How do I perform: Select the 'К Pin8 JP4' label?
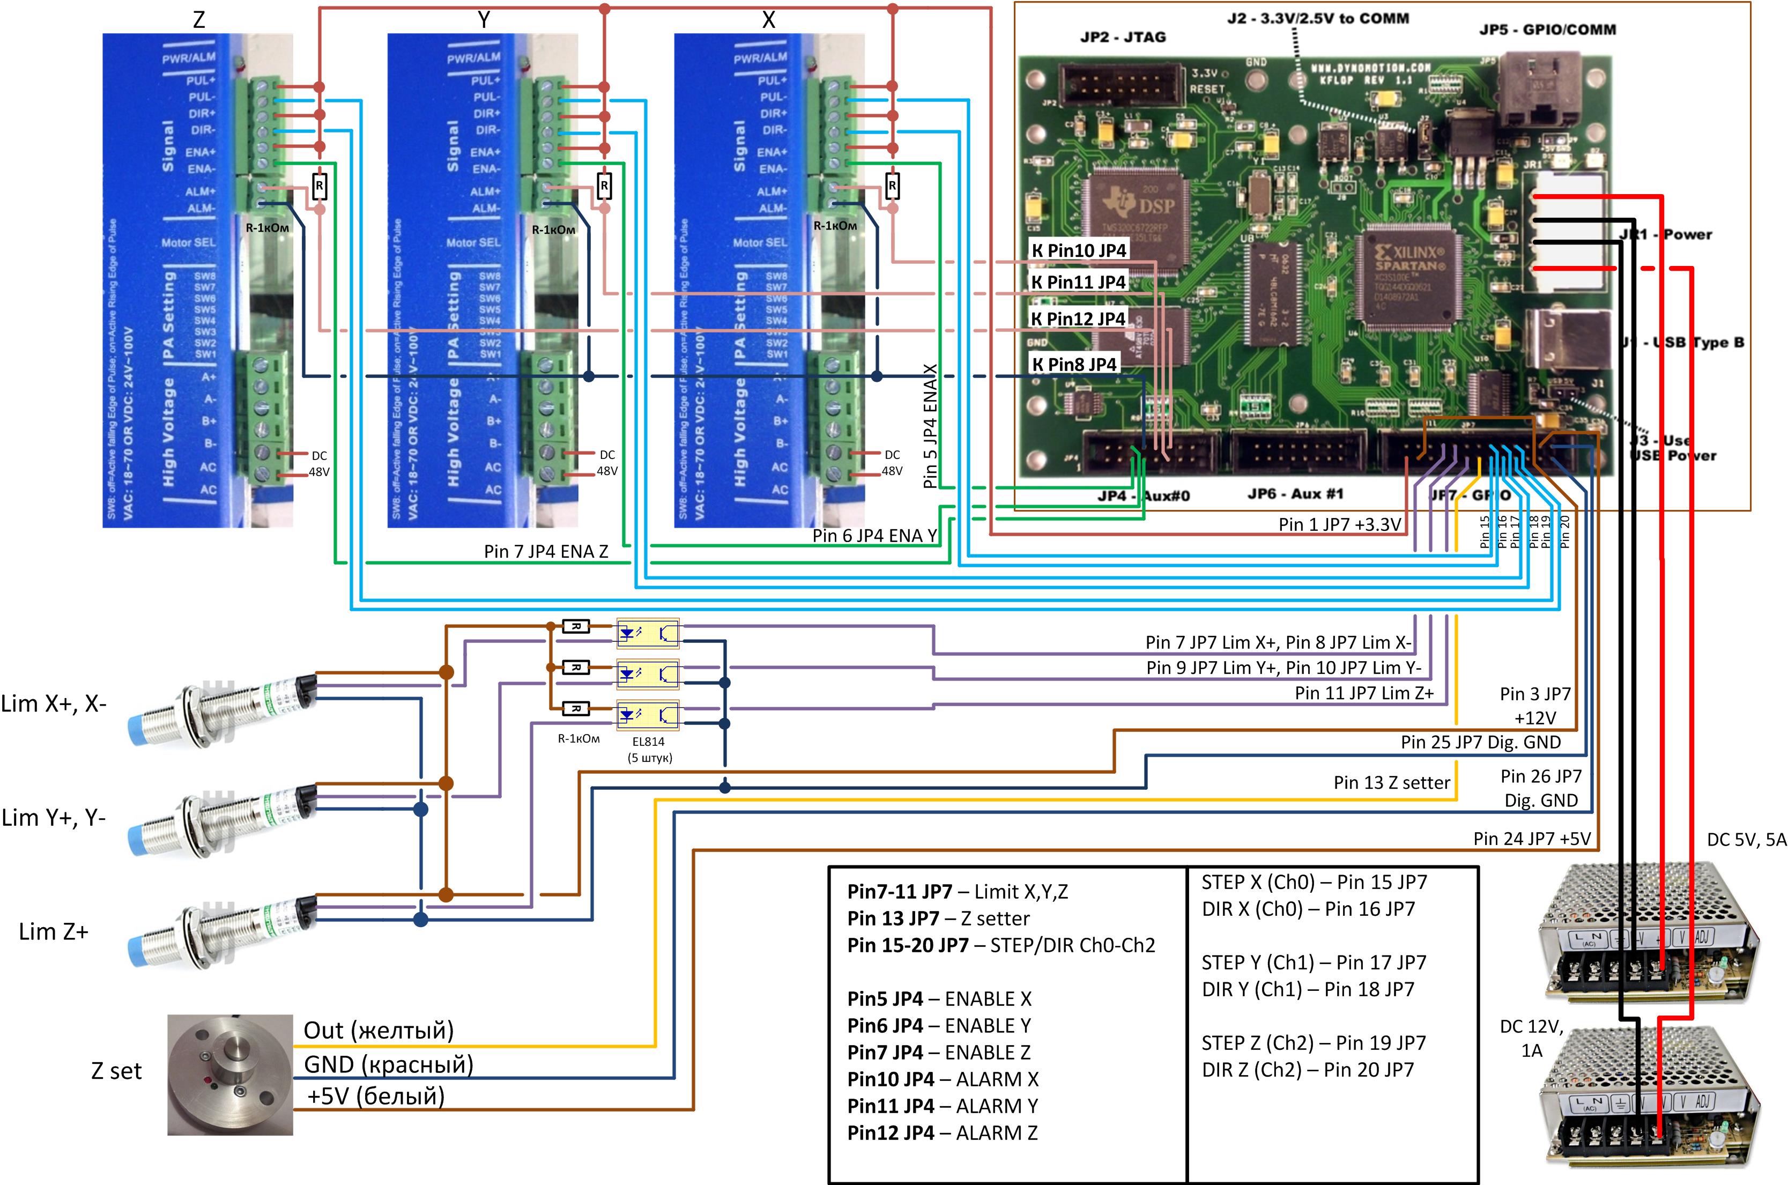[1074, 364]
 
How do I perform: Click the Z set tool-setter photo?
[230, 1074]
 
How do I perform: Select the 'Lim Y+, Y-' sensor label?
[54, 818]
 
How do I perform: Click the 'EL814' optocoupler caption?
[648, 742]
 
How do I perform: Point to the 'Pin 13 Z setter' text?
[1391, 783]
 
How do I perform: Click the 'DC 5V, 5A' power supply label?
[1746, 840]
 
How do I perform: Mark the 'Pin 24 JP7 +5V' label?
[1531, 838]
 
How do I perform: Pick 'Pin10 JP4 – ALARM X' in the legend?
[943, 1079]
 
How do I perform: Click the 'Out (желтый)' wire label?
[379, 1031]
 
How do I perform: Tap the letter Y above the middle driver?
[485, 20]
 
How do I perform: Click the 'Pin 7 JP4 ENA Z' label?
[546, 552]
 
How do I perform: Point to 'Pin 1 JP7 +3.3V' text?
[1340, 524]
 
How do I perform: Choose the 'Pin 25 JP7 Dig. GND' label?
[1480, 742]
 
